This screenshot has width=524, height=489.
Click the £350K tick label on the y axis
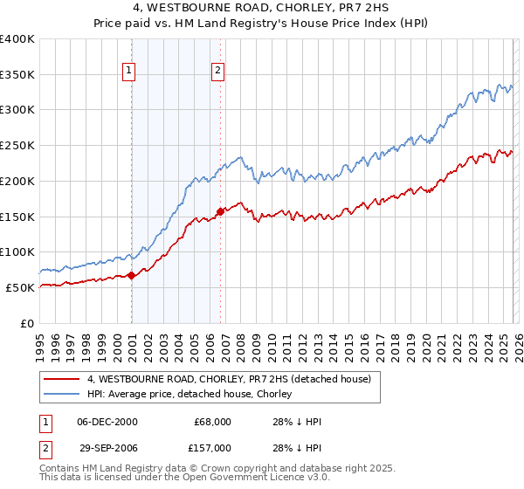(x=17, y=75)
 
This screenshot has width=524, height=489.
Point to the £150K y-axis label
(x=17, y=217)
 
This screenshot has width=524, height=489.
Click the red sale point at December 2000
(x=132, y=275)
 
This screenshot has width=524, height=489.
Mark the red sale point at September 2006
(x=221, y=210)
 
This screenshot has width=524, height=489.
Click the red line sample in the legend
(x=62, y=379)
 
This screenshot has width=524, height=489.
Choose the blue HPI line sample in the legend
(x=62, y=394)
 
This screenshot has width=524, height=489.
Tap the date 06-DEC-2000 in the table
(x=106, y=422)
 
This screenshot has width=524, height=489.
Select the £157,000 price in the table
(x=213, y=447)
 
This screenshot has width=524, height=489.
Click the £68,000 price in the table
(x=213, y=422)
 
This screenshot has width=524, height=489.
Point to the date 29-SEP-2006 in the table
(x=106, y=447)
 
